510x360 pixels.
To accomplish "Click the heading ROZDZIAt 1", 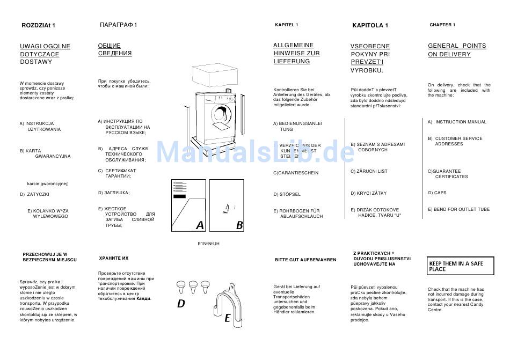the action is (x=38, y=25).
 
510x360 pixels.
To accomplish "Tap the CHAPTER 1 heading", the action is (x=442, y=25).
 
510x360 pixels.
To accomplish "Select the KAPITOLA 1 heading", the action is (x=370, y=25).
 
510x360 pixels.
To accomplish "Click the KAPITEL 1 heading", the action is (x=286, y=25).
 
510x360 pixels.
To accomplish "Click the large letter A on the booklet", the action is (x=200, y=225).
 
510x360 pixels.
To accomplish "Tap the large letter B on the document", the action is (x=239, y=225).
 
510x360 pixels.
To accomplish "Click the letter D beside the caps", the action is (x=181, y=304).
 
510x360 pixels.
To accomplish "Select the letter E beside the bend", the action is (x=227, y=318).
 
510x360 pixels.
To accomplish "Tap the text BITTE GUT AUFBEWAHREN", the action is (x=305, y=260).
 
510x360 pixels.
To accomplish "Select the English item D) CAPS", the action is (x=437, y=193).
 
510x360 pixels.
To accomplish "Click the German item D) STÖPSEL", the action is (x=287, y=194).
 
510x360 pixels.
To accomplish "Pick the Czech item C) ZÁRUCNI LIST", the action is (x=369, y=171).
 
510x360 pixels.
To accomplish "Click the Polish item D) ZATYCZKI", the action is (x=34, y=194).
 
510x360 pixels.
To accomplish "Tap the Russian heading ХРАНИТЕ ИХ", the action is (x=113, y=258).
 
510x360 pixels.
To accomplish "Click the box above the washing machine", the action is (x=213, y=76).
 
